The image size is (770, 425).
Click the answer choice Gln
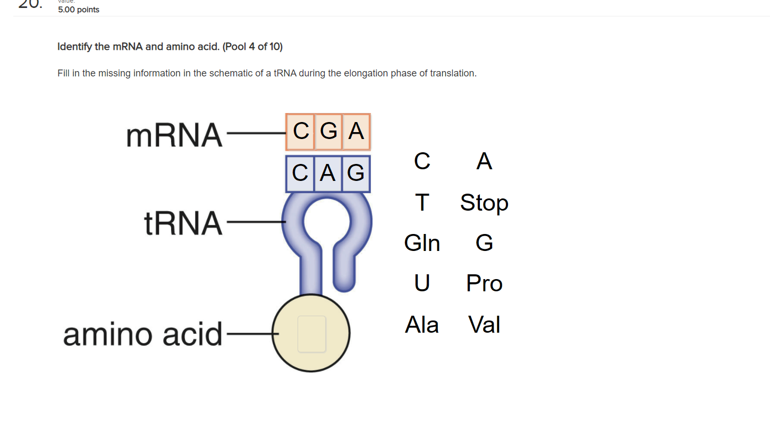pos(422,243)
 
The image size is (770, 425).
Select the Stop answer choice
pos(484,203)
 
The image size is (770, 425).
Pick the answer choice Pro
pos(484,283)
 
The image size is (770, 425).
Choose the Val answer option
pos(484,325)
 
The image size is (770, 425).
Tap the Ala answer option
pos(422,325)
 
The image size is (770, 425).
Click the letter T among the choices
pos(422,203)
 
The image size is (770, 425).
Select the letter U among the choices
pos(422,283)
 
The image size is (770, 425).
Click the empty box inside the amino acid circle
pos(311,334)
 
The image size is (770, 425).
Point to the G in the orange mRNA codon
pos(329,131)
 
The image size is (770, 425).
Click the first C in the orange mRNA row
pos(301,131)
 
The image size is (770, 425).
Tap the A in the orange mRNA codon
pos(356,131)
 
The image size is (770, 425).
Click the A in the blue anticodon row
pos(328,173)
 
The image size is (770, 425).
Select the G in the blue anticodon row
pos(356,173)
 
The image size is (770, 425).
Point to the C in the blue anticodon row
pos(300,173)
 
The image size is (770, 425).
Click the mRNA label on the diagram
pos(174,135)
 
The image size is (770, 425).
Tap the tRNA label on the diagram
pos(183,223)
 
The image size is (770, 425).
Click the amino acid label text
pos(142,334)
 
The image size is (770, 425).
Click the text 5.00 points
pos(79,10)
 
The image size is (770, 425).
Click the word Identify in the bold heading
pos(75,47)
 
